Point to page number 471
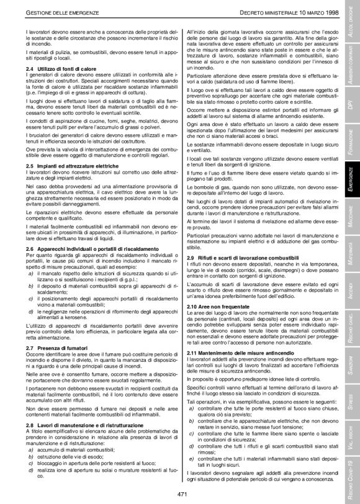click(x=182, y=493)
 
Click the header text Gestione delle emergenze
click(x=59, y=12)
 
